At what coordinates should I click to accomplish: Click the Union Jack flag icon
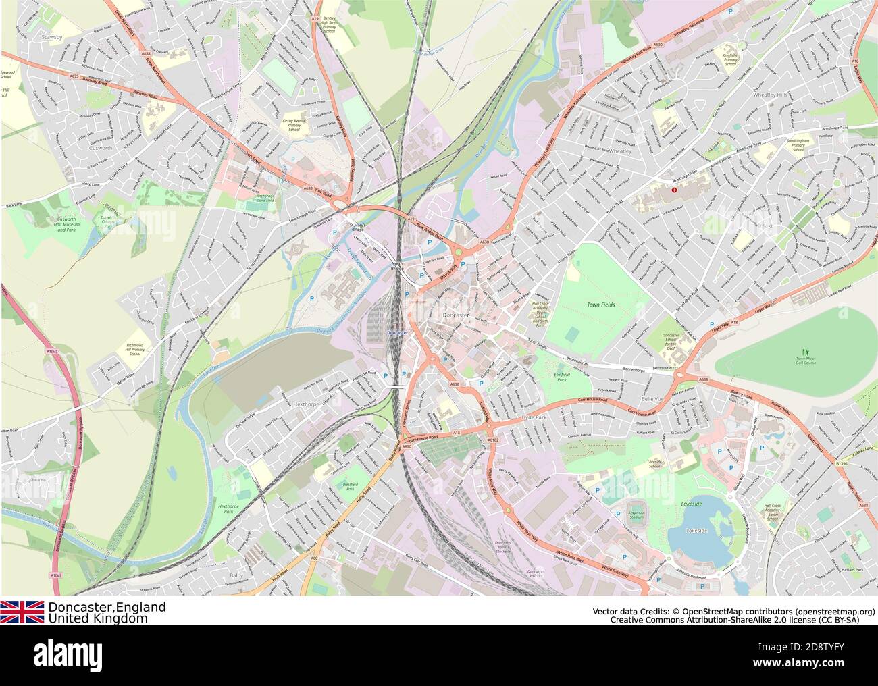(22, 612)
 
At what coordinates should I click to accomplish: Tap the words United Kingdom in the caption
(97, 618)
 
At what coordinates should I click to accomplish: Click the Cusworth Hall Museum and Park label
(66, 225)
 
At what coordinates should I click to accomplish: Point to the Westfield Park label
(350, 485)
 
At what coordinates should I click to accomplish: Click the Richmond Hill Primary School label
(134, 349)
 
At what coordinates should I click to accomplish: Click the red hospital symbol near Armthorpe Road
(673, 190)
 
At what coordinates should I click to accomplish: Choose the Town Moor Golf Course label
(805, 362)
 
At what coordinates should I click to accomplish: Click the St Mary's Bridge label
(356, 226)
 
